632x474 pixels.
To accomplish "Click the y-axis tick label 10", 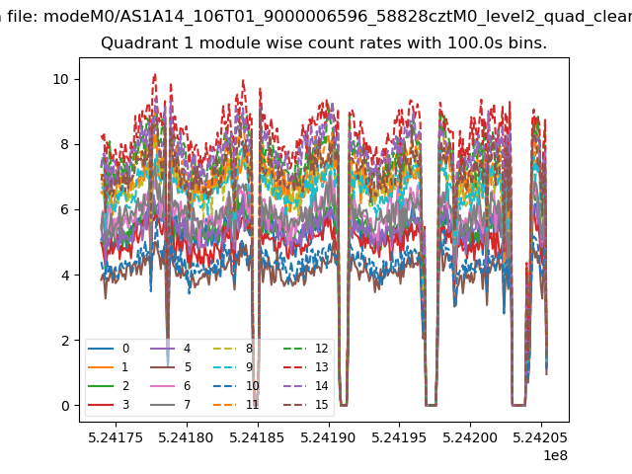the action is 60,79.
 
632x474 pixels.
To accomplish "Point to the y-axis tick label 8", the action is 65,145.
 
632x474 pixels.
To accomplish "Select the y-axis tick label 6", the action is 65,210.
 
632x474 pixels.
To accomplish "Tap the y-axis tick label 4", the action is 65,276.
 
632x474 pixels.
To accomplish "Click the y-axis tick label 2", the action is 65,341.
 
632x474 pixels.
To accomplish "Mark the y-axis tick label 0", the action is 65,406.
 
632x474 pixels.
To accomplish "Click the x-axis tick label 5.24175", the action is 116,437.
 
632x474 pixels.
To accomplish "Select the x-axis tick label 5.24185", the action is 257,437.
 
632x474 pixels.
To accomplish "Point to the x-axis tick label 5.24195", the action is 399,437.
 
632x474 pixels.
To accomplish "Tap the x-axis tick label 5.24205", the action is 540,437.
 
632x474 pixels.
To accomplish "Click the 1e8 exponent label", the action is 555,455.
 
